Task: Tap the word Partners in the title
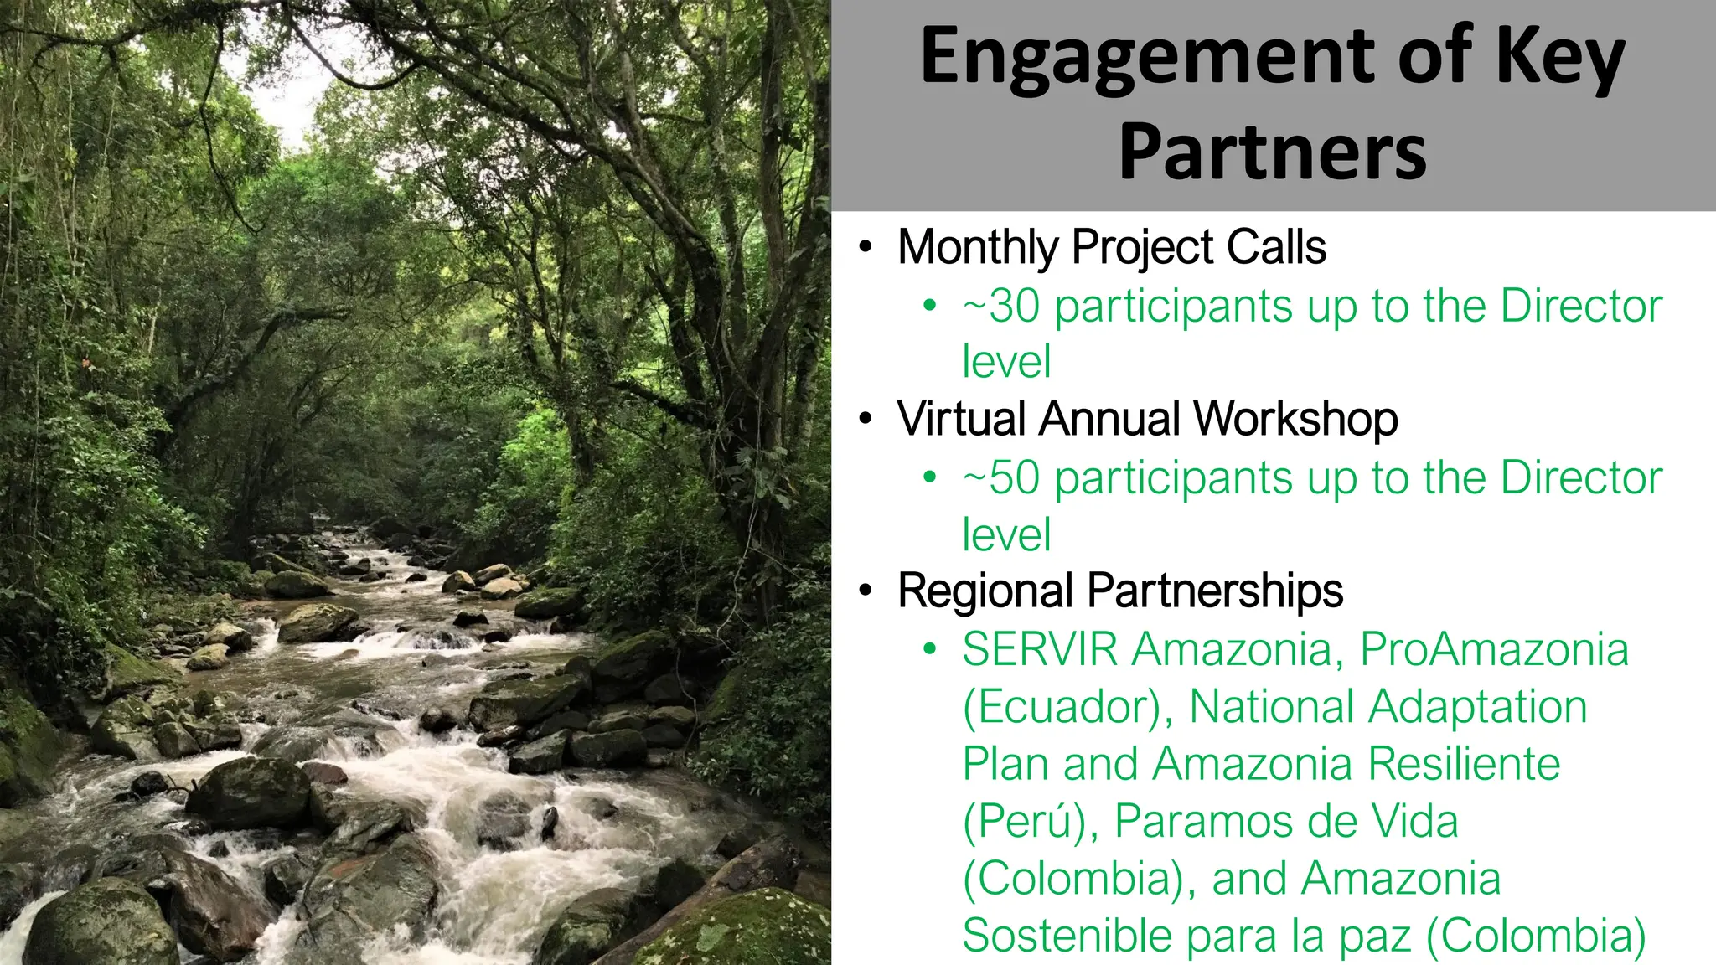[1272, 152]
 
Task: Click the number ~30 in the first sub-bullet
[1001, 307]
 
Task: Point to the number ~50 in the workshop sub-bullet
[1001, 478]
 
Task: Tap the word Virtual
[961, 419]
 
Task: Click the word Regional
[985, 591]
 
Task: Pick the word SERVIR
[1040, 650]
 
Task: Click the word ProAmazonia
[1494, 650]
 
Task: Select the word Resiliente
[1464, 764]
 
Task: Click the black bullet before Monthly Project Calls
[866, 249]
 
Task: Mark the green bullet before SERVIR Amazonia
[928, 649]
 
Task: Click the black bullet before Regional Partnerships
[866, 591]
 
